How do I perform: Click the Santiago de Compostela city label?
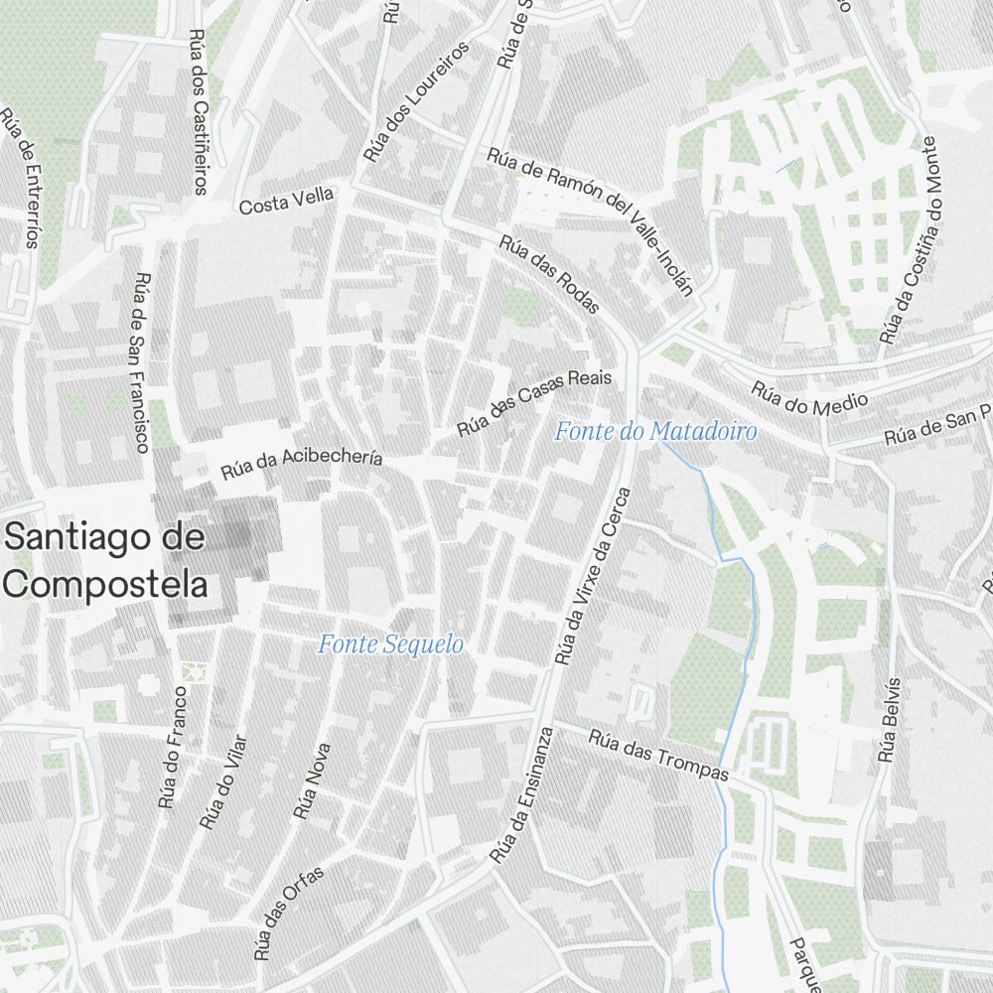tap(106, 561)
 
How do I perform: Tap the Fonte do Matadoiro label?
tap(655, 431)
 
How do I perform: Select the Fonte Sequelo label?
tap(390, 644)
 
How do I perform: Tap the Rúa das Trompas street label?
tap(658, 755)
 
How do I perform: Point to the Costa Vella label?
tap(286, 201)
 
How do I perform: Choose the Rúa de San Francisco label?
tap(139, 362)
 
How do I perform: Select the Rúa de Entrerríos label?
tap(22, 177)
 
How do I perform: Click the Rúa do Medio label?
tap(809, 397)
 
